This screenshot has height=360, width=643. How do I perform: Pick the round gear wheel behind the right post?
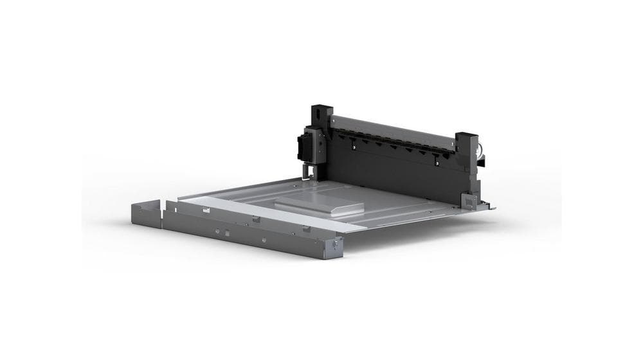tap(480, 156)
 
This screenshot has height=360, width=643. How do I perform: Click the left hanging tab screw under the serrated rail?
tap(352, 148)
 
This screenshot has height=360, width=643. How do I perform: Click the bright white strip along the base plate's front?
tap(276, 213)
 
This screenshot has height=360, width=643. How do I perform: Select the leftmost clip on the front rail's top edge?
tap(168, 206)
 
